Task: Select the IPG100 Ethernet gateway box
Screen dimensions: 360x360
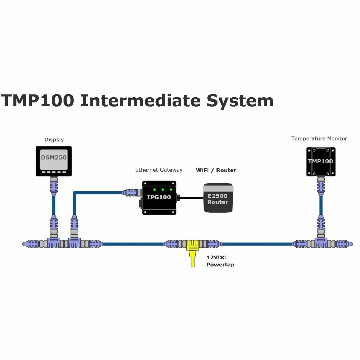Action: pos(159,197)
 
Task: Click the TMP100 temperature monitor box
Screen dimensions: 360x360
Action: pos(321,162)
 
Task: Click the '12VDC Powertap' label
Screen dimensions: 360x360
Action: pos(220,261)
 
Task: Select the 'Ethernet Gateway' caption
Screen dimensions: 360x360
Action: pos(159,170)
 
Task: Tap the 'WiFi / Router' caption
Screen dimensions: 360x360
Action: pos(216,170)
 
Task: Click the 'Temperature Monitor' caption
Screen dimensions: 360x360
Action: pos(319,138)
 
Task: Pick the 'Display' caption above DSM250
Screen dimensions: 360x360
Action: pos(54,140)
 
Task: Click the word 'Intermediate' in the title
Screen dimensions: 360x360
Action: pos(140,101)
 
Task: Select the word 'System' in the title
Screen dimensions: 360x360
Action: pos(240,101)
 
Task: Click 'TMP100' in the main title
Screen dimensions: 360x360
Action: pos(37,101)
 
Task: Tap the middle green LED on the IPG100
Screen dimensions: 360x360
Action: pos(163,189)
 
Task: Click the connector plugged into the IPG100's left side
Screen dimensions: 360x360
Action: pos(132,192)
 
